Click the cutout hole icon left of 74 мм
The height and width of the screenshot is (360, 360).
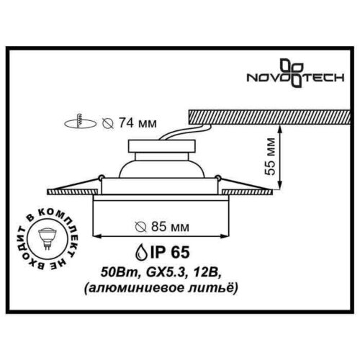(85, 122)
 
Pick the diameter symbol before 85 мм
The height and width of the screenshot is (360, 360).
(141, 228)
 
